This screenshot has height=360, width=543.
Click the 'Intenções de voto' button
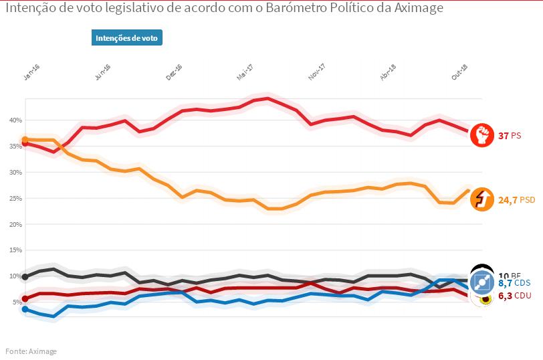point(127,38)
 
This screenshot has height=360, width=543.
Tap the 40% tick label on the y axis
point(15,120)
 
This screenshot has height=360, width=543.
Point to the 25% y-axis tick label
point(15,199)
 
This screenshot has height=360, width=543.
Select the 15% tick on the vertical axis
point(15,250)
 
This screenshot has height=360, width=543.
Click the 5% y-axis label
point(17,302)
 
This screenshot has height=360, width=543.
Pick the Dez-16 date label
point(174,72)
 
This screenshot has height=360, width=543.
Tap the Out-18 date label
point(459,72)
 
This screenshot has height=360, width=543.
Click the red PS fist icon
point(481,135)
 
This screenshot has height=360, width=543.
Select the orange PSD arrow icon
point(481,199)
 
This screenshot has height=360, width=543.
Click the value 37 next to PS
point(504,136)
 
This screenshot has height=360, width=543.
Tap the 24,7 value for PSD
point(508,199)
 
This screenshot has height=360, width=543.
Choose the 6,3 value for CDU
point(505,295)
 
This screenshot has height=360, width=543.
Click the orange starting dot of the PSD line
point(25,140)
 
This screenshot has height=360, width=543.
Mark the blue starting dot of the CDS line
point(25,309)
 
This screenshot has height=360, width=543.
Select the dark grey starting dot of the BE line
point(25,276)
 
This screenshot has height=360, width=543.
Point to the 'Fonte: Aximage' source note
point(31,351)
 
